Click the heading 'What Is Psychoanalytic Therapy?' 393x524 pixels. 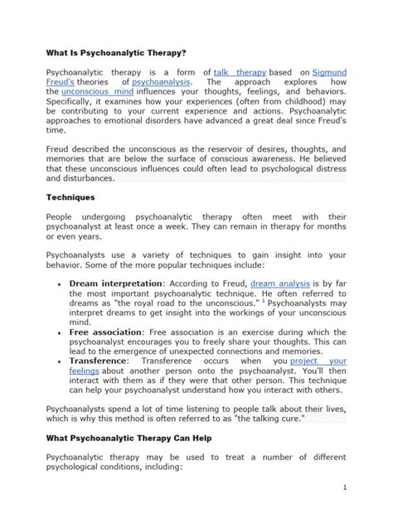pos(116,51)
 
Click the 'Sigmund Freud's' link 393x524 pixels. pos(329,72)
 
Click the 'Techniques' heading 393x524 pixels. pos(70,198)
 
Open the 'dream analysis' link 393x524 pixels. pos(280,283)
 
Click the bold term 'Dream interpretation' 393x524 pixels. pos(119,283)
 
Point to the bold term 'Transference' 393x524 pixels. pos(99,361)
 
